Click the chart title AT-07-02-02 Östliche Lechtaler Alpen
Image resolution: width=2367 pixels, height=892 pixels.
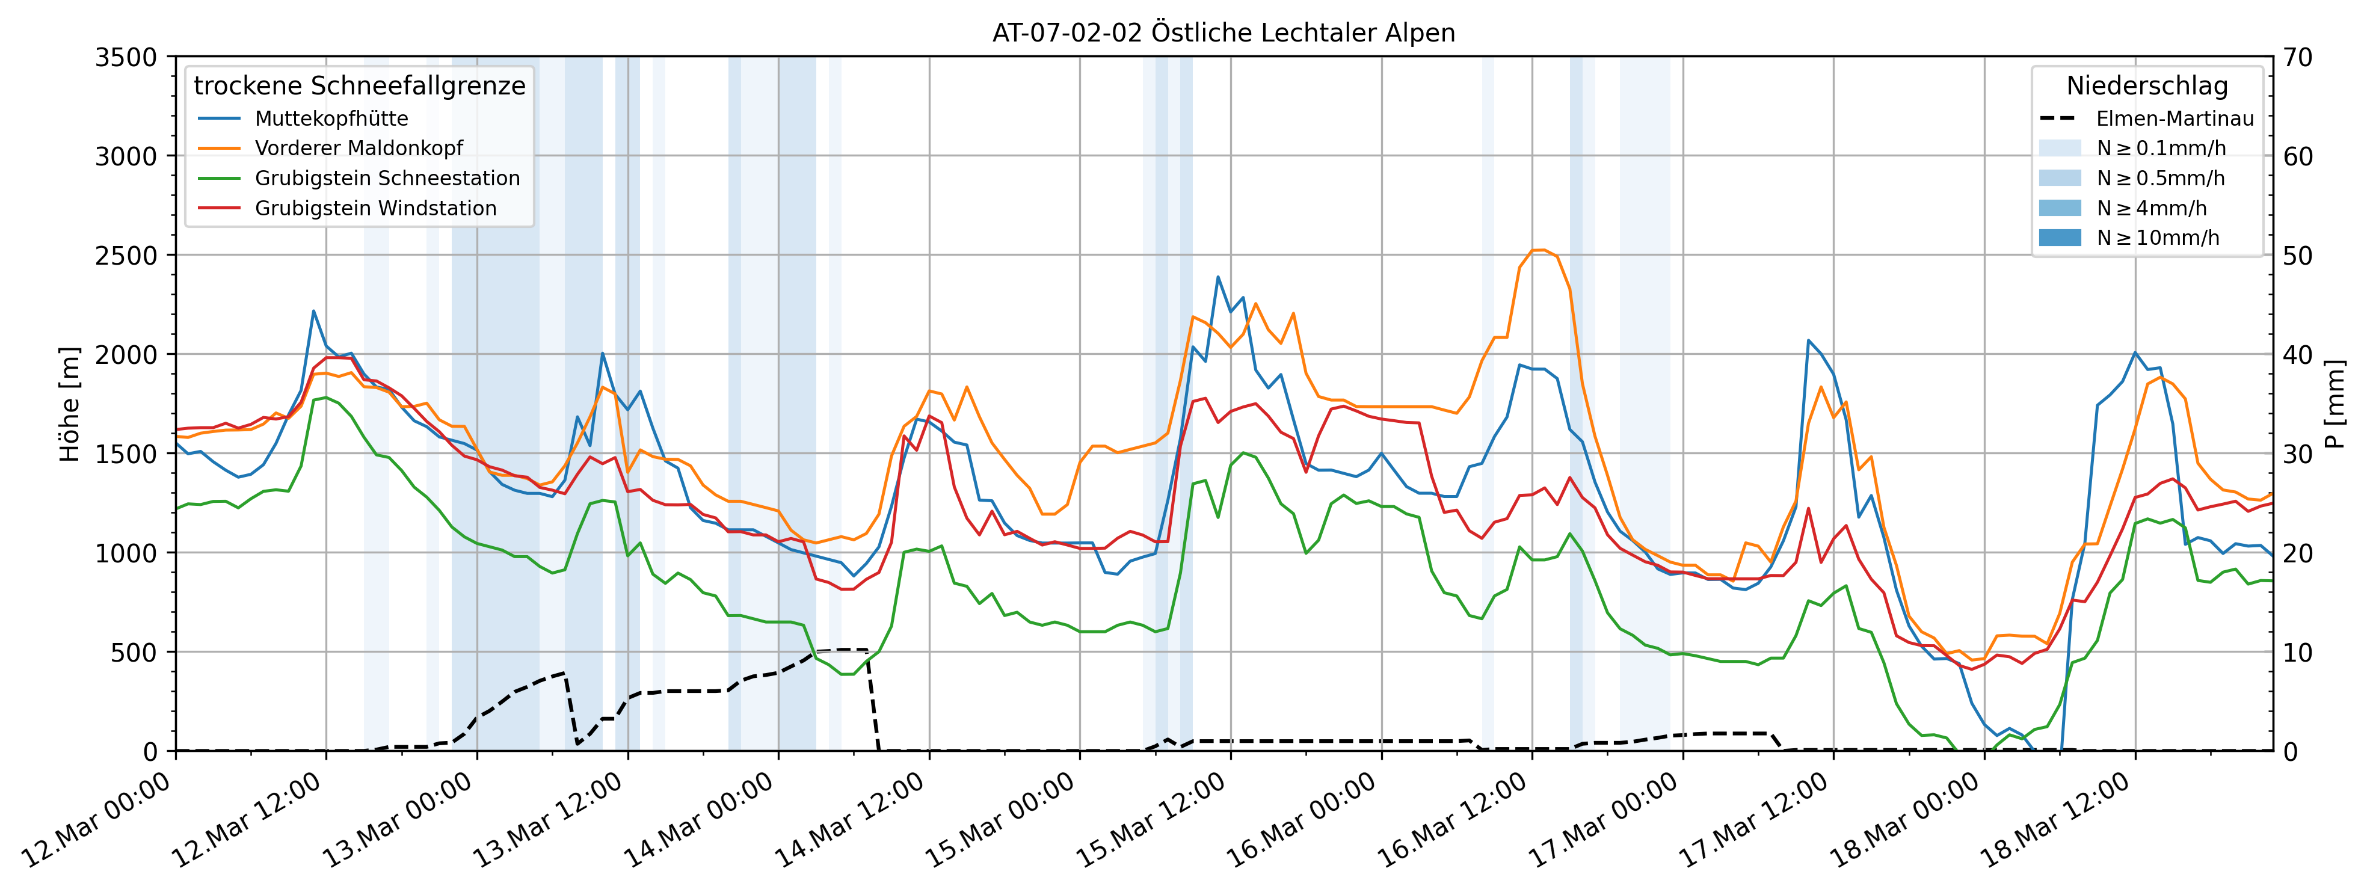tap(1223, 33)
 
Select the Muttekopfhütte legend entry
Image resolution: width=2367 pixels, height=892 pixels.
tap(331, 118)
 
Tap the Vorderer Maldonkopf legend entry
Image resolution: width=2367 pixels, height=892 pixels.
tap(359, 148)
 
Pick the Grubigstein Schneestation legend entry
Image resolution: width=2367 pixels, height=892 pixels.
tap(387, 178)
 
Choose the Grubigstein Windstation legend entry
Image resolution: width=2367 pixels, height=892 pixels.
tap(375, 209)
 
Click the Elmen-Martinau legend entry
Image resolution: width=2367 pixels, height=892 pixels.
tap(2174, 118)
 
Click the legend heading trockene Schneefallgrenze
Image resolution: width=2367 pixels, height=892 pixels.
tap(359, 85)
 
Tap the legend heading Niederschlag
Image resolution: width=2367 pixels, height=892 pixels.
tap(2146, 85)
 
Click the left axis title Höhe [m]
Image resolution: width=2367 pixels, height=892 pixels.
tap(70, 404)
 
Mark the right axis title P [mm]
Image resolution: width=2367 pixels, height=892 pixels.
tap(2334, 404)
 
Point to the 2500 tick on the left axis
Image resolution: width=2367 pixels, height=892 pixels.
tap(126, 256)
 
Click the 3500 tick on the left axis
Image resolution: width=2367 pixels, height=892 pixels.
tap(126, 57)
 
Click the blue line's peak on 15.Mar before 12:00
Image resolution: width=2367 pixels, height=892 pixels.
tap(1217, 277)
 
